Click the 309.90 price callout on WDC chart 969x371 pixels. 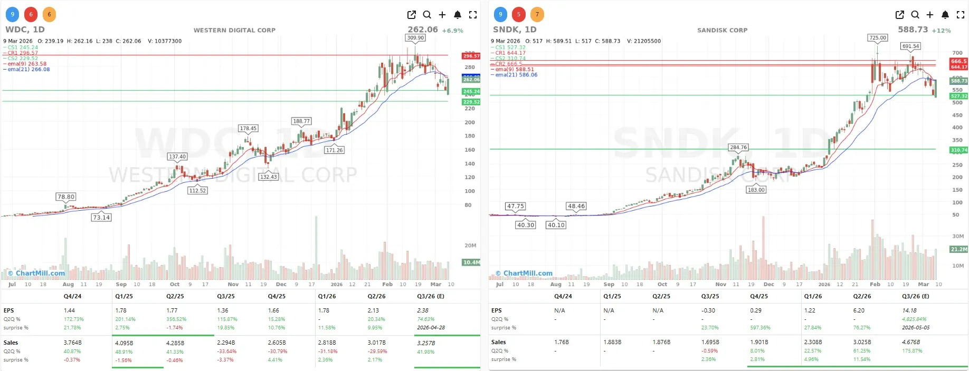pyautogui.click(x=415, y=38)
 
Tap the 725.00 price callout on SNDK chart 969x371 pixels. pyautogui.click(x=878, y=38)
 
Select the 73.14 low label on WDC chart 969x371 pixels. pyautogui.click(x=101, y=218)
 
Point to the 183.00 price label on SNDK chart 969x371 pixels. pyautogui.click(x=756, y=190)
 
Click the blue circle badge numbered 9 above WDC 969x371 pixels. pyautogui.click(x=12, y=15)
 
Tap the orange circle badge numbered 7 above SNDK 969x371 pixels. pyautogui.click(x=537, y=15)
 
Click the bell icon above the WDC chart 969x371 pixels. pyautogui.click(x=458, y=15)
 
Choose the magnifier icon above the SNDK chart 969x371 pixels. pyautogui.click(x=915, y=15)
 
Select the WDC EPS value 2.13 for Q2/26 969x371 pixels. pyautogui.click(x=373, y=310)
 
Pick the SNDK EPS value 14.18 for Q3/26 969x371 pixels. pyautogui.click(x=909, y=310)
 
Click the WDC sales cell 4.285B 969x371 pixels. pyautogui.click(x=175, y=343)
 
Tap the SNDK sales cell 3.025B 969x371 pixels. pyautogui.click(x=862, y=342)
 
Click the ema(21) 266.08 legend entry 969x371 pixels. pyautogui.click(x=28, y=70)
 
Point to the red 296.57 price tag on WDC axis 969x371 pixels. pyautogui.click(x=471, y=56)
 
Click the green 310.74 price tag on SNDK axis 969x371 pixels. pyautogui.click(x=958, y=150)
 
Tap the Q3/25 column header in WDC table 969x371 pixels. pyautogui.click(x=226, y=296)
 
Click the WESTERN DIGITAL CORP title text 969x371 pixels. pyautogui.click(x=234, y=30)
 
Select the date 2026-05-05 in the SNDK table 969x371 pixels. pyautogui.click(x=916, y=327)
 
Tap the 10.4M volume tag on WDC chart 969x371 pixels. pyautogui.click(x=471, y=262)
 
